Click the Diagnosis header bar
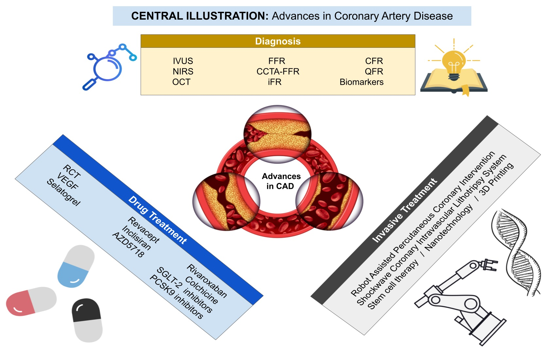278,41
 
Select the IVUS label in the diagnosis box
183,61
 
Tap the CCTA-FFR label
278,71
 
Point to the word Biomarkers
361,82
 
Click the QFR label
374,71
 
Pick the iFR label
275,82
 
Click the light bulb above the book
454,64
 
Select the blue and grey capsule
76,266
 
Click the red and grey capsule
31,301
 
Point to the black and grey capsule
87,320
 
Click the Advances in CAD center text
281,181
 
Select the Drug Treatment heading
158,220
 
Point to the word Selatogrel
63,192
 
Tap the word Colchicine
201,290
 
